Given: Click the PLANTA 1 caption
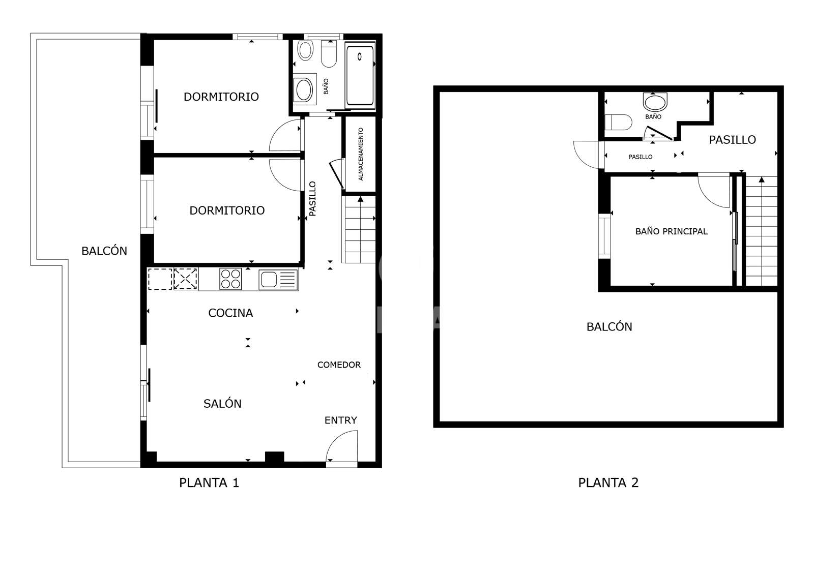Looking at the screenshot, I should [x=209, y=482].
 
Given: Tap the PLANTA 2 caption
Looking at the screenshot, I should [x=608, y=482].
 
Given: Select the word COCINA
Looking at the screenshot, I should [x=230, y=313].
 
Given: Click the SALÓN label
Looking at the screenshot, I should [x=222, y=404].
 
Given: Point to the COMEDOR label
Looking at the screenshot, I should [x=339, y=365].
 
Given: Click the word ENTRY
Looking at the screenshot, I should [x=340, y=420].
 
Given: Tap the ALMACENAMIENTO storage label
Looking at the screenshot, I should [x=361, y=154].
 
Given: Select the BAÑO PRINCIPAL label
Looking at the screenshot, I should [x=671, y=231].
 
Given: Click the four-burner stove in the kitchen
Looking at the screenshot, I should [x=230, y=279].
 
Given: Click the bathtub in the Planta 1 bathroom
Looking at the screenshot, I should [x=360, y=75].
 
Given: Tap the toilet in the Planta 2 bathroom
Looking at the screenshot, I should [x=618, y=123].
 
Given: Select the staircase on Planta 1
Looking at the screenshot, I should [x=360, y=230].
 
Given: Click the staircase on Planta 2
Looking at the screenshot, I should [x=761, y=231].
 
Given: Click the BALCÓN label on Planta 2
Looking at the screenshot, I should [x=609, y=327].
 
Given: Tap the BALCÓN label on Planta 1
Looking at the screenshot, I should [x=104, y=251].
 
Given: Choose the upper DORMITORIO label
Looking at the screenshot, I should [x=221, y=97].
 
